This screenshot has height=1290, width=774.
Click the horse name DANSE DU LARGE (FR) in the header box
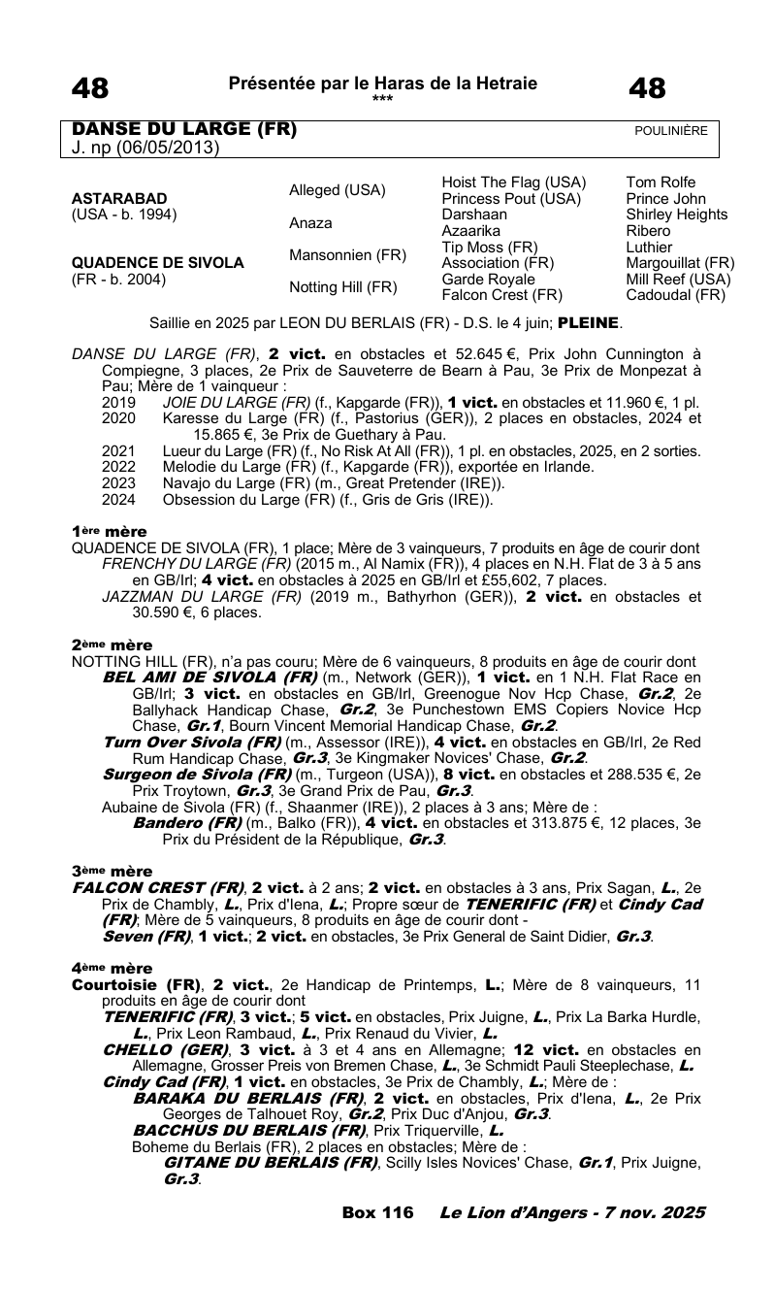pyautogui.click(x=184, y=130)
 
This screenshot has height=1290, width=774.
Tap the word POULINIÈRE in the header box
pyautogui.click(x=670, y=131)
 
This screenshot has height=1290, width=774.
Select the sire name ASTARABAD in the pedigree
pyautogui.click(x=119, y=198)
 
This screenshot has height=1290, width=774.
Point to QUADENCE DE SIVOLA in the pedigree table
pyautogui.click(x=158, y=263)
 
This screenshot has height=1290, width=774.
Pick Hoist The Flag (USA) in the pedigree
pyautogui.click(x=513, y=182)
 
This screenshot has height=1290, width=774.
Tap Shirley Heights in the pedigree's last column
pyautogui.click(x=676, y=215)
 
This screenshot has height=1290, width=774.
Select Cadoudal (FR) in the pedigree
pyautogui.click(x=675, y=296)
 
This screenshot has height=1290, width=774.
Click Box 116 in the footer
pyautogui.click(x=377, y=1213)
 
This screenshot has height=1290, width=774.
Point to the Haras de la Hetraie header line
pyautogui.click(x=382, y=83)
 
